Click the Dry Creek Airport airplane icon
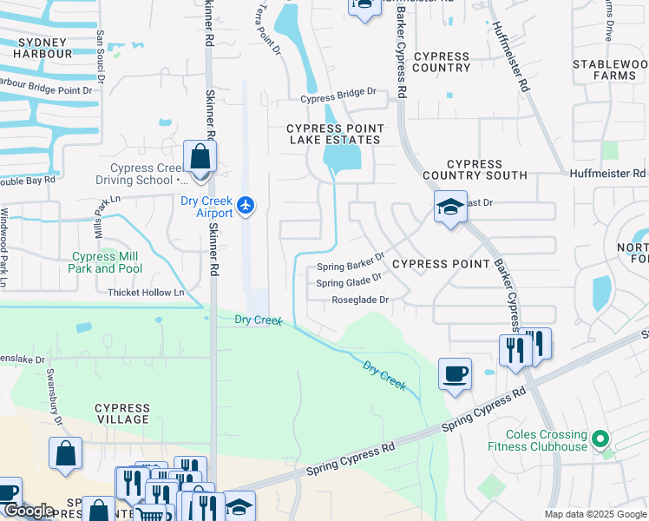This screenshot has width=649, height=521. click(x=246, y=205)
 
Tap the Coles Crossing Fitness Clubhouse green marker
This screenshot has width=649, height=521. click(x=598, y=435)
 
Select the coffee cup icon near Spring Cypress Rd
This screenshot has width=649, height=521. click(x=455, y=374)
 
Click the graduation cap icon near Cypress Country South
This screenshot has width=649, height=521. click(x=450, y=207)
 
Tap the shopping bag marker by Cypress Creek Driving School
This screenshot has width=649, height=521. click(x=200, y=158)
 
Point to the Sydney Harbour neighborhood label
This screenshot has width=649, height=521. click(x=42, y=48)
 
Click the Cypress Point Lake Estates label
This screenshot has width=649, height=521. click(x=334, y=134)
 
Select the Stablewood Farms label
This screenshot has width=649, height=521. click(x=604, y=70)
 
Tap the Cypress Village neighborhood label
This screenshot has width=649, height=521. click(x=122, y=413)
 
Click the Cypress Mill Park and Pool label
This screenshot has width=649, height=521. click(x=106, y=262)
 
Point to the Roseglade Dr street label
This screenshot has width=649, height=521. click(x=359, y=300)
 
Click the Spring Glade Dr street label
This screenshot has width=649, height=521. click(x=349, y=281)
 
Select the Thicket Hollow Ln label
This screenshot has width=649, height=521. click(x=146, y=293)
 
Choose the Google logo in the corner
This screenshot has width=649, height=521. click(x=29, y=511)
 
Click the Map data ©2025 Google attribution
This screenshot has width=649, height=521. click(x=595, y=514)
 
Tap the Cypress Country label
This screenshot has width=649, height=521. click(x=442, y=62)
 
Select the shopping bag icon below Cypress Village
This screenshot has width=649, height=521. click(x=65, y=453)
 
